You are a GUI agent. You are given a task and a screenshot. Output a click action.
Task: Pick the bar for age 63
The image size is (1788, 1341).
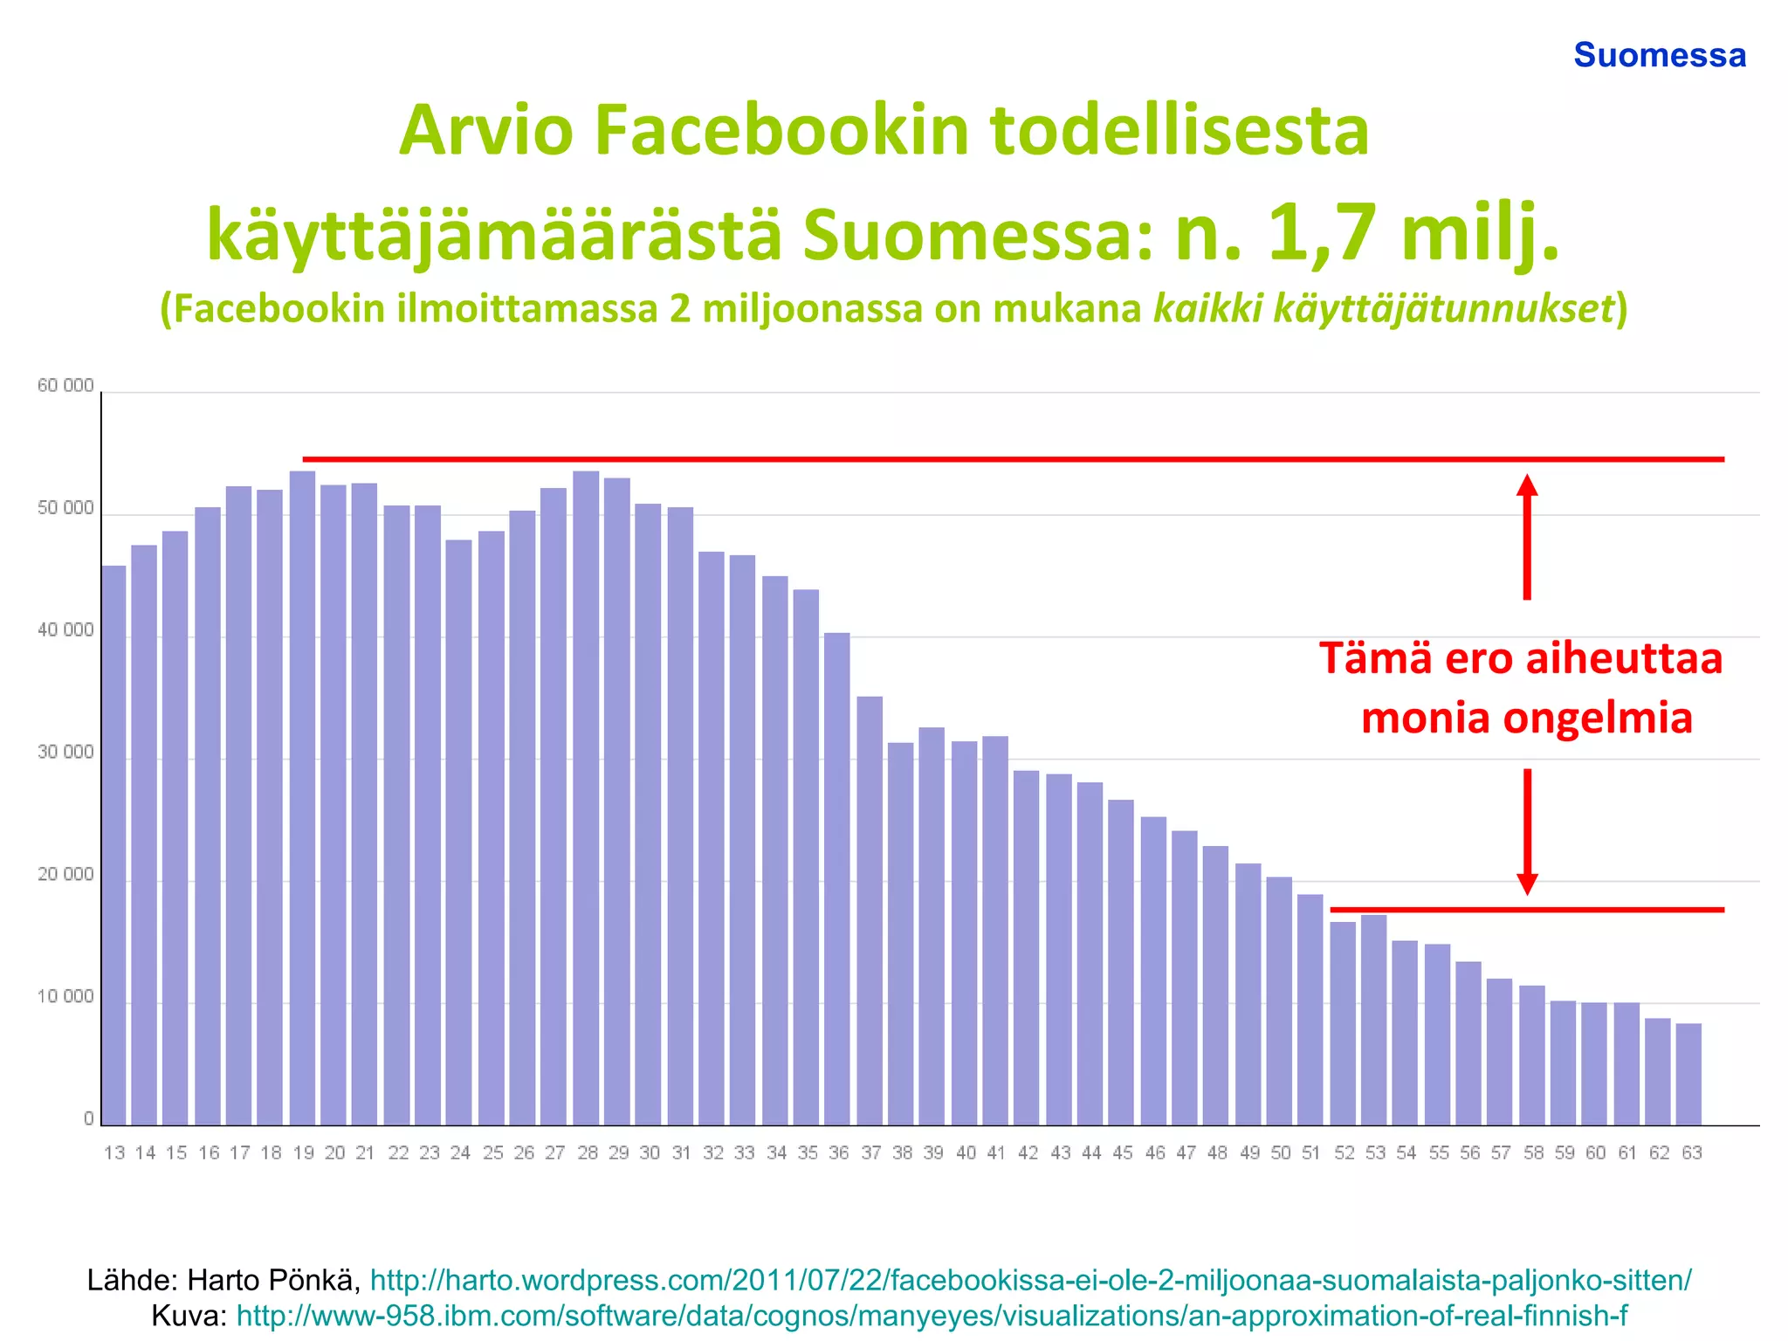[1688, 1074]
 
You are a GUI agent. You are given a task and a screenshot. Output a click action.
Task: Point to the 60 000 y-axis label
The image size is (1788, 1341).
[65, 386]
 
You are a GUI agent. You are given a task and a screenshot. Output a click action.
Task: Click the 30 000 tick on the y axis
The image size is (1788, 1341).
[65, 753]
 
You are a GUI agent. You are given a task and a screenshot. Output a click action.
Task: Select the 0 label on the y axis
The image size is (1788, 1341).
[88, 1119]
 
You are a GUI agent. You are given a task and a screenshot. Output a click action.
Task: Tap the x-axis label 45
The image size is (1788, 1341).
[1123, 1153]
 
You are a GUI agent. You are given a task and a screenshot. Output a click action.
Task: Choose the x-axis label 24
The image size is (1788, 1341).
[460, 1153]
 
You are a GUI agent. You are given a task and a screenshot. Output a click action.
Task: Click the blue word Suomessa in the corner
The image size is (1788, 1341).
[1659, 55]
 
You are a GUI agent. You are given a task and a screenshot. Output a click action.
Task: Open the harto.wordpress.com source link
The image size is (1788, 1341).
[1030, 1280]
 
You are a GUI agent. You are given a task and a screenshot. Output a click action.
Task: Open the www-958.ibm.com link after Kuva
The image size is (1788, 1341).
[932, 1315]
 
